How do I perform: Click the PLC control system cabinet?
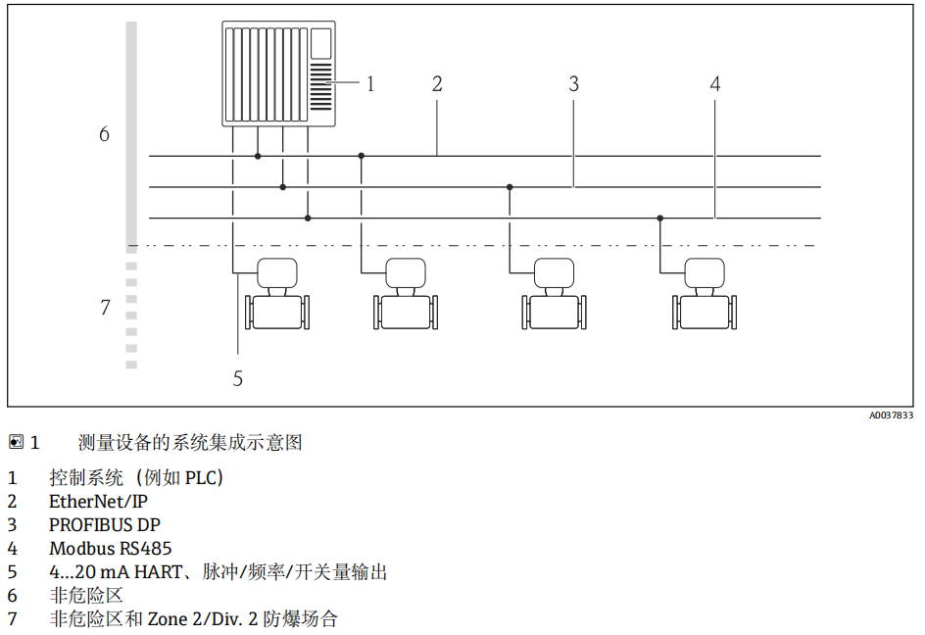[278, 73]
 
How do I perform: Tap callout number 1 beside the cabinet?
[370, 84]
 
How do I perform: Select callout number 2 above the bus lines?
[437, 84]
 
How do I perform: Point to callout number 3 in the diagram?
[574, 84]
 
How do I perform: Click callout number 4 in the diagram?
[715, 84]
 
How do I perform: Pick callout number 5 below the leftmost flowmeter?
[238, 377]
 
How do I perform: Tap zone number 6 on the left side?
[104, 133]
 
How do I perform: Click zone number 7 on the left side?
[105, 308]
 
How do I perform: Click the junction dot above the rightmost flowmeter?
[660, 218]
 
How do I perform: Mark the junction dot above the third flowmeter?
[510, 186]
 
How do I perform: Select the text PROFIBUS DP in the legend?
[105, 525]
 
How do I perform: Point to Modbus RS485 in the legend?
[110, 549]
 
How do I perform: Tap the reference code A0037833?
[891, 415]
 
